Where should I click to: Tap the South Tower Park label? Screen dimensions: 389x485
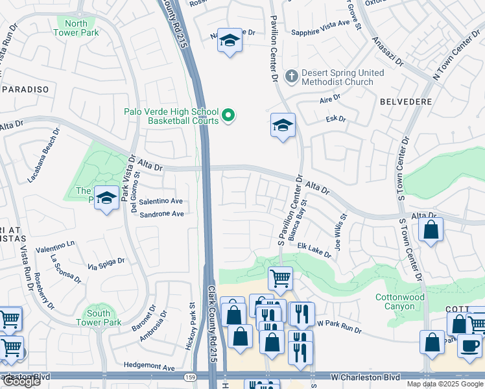[x=99, y=318]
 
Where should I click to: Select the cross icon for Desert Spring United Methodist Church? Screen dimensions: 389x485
[x=292, y=77]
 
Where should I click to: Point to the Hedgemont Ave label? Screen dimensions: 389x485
[x=150, y=368]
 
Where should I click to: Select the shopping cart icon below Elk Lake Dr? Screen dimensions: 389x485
[x=280, y=279]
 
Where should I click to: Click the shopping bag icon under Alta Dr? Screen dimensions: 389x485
[x=431, y=230]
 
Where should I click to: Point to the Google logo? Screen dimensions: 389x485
[x=21, y=382]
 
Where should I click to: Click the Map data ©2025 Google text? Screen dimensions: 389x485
[x=444, y=384]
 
